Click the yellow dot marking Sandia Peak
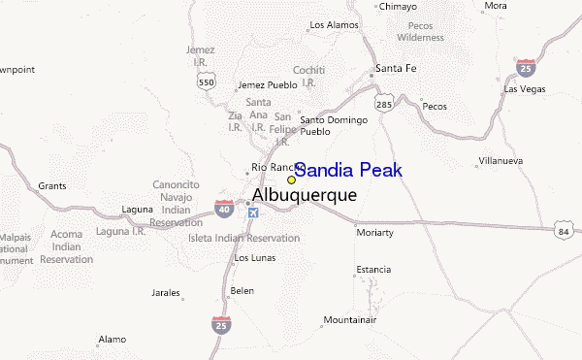point(291,180)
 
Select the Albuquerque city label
point(304,195)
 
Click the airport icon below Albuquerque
point(254,213)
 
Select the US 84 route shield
point(564,233)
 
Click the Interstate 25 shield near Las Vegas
point(526,68)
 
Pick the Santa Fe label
point(396,68)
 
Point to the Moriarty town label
point(374,233)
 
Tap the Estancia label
point(372,269)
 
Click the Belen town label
point(242,290)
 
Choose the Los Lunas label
point(255,257)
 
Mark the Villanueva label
point(502,160)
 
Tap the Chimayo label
point(397,6)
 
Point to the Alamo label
point(112,339)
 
